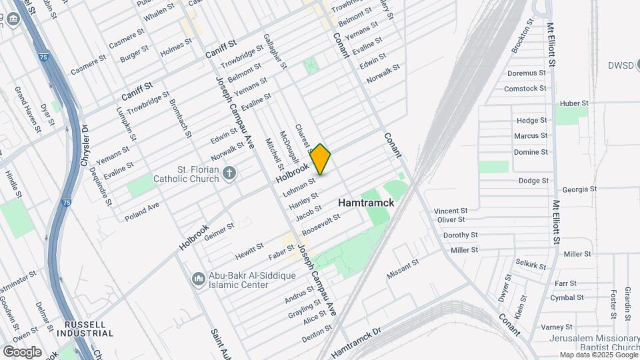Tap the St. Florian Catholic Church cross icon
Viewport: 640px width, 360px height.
pos(229,173)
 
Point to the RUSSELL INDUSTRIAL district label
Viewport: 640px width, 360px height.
pos(85,328)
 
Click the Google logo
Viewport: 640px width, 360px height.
pos(22,351)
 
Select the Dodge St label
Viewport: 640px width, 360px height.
pos(533,181)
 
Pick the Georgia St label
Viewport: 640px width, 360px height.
pos(579,189)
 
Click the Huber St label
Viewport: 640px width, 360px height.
pos(574,103)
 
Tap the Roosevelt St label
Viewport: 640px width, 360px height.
pos(321,225)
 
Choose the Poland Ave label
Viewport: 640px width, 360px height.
pos(141,209)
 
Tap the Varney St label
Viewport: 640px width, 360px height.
pos(557,327)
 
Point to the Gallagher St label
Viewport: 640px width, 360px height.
pos(275,51)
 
